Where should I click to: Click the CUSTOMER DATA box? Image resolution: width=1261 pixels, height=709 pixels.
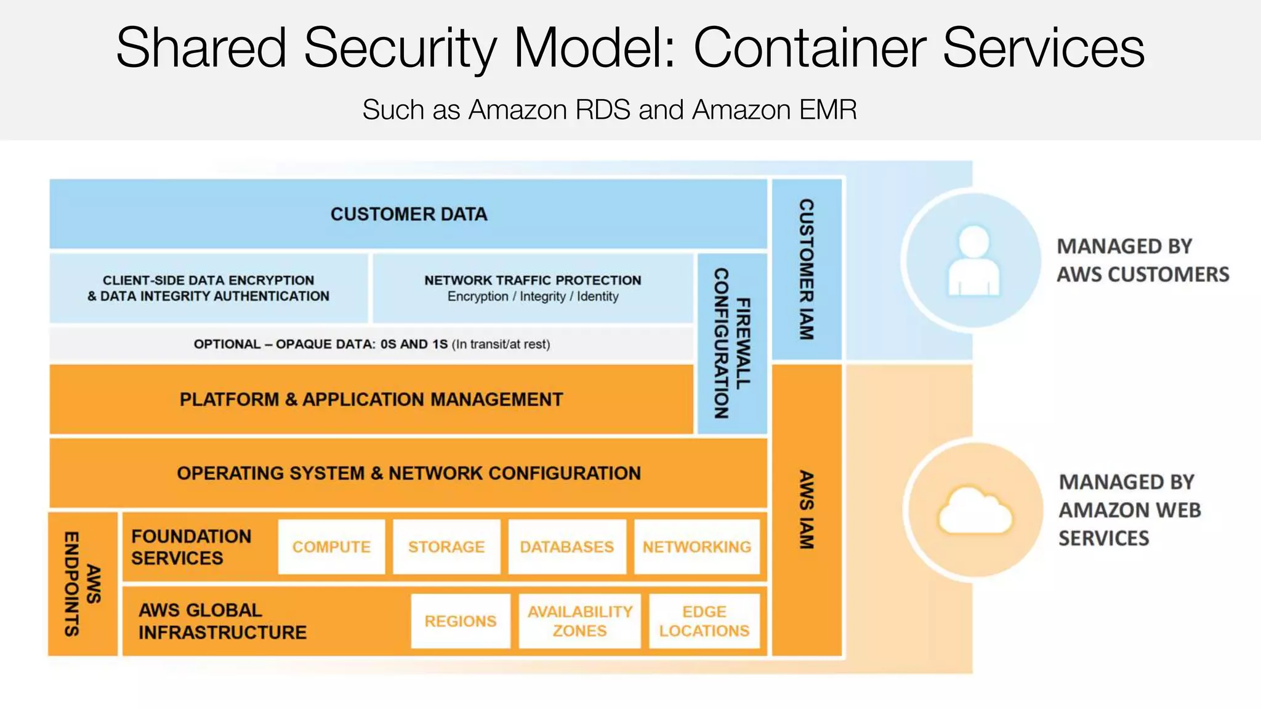[408, 214]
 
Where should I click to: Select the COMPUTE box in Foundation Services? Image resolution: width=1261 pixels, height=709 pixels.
[331, 547]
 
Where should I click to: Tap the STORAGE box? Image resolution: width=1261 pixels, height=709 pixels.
[446, 547]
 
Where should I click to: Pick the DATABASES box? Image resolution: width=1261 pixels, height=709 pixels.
[567, 547]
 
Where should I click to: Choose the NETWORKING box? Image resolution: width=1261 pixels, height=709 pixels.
[697, 547]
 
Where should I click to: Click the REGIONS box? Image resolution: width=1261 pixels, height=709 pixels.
[461, 621]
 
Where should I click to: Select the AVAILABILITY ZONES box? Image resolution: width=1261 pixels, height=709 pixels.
[579, 621]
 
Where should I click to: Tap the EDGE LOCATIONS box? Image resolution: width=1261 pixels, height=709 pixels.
[704, 621]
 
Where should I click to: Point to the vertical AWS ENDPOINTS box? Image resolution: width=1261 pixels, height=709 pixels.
[83, 583]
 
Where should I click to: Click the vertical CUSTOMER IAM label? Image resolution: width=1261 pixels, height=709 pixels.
[807, 270]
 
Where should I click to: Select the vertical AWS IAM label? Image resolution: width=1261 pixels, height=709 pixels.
[807, 510]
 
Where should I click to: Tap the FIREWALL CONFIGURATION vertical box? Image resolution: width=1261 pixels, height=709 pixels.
[732, 343]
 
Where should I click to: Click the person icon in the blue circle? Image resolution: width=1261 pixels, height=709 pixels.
[973, 260]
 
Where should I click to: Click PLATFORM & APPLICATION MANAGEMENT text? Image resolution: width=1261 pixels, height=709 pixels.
[371, 399]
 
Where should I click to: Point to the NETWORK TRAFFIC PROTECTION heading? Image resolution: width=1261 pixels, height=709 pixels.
[533, 280]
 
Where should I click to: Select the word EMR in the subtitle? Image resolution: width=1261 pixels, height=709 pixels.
[828, 110]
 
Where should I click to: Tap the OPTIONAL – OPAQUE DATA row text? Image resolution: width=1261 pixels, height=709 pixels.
[371, 344]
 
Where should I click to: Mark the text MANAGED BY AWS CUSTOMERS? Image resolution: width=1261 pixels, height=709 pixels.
[1142, 260]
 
